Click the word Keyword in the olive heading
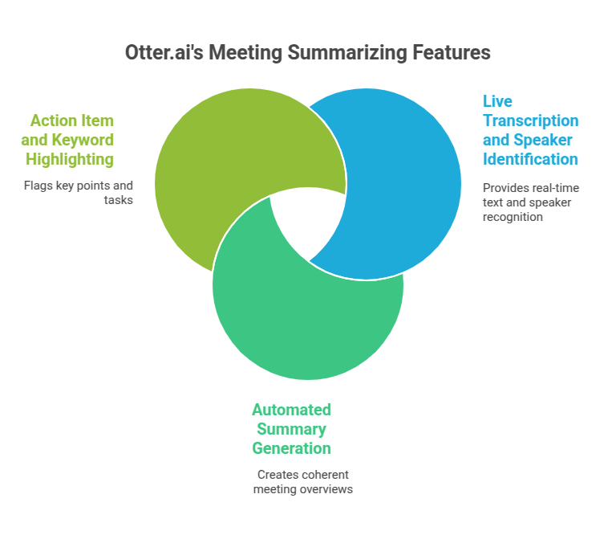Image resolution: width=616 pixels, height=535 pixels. [83, 140]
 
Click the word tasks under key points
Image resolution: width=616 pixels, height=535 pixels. [118, 200]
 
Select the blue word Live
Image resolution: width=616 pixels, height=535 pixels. [497, 101]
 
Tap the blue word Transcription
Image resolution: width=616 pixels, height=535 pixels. [530, 120]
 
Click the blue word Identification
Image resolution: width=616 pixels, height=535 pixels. [530, 159]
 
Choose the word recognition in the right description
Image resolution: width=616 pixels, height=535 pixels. [513, 216]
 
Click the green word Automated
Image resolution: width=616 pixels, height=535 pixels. [291, 410]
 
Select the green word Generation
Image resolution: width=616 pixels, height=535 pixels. [291, 448]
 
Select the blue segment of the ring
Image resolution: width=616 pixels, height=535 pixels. [401, 185]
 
